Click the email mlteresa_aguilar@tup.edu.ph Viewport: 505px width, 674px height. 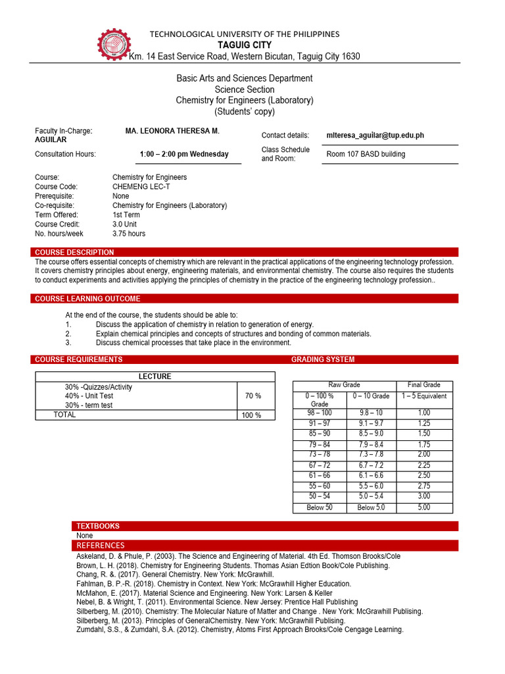pyautogui.click(x=375, y=136)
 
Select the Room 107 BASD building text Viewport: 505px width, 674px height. pyautogui.click(x=366, y=155)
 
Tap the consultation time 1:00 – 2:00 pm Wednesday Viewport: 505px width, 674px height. pyautogui.click(x=184, y=154)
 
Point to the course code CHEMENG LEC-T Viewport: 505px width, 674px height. pyautogui.click(x=141, y=187)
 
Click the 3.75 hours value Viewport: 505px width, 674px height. pyautogui.click(x=129, y=234)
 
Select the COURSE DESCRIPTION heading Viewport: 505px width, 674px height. pyautogui.click(x=74, y=252)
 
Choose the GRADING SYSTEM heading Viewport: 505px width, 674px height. pyautogui.click(x=322, y=359)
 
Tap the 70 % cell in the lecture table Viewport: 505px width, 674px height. pyautogui.click(x=252, y=396)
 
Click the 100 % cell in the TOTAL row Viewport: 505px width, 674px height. pyautogui.click(x=251, y=415)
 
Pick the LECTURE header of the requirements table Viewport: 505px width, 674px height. pyautogui.click(x=155, y=376)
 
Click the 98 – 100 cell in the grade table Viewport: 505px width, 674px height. pyautogui.click(x=320, y=413)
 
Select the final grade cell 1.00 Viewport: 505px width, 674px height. pyautogui.click(x=423, y=413)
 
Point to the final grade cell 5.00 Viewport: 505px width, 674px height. pyautogui.click(x=423, y=507)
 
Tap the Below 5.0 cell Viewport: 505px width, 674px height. pyautogui.click(x=371, y=507)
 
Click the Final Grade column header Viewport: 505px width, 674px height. pyautogui.click(x=423, y=385)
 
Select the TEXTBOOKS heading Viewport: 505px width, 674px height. pyautogui.click(x=98, y=526)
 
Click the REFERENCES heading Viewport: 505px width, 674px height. pyautogui.click(x=101, y=546)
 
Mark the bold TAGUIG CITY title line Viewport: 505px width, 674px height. pyautogui.click(x=245, y=45)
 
